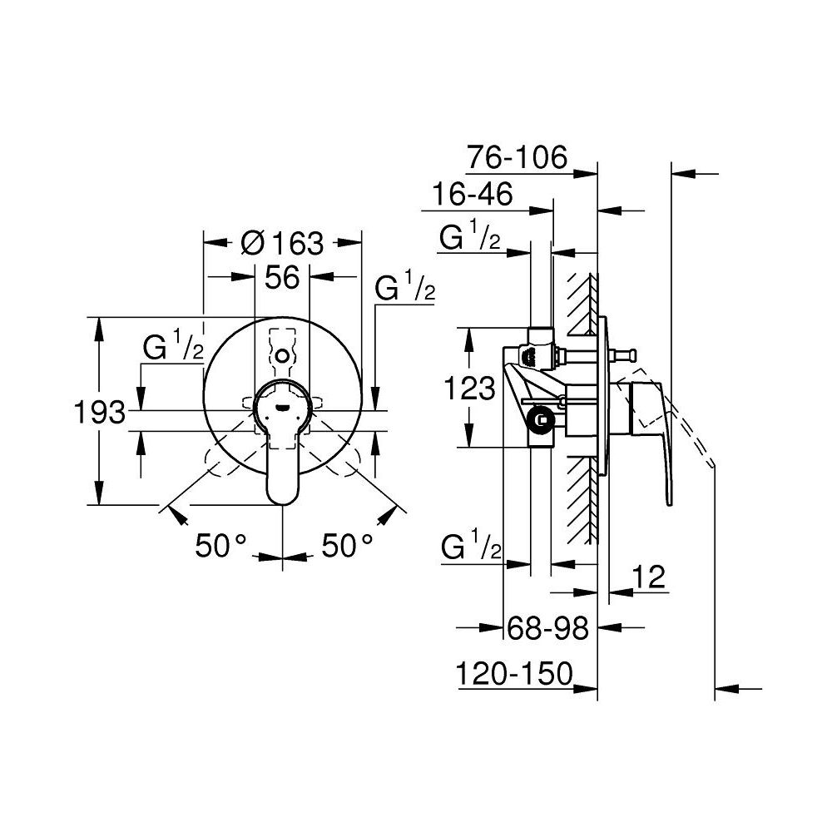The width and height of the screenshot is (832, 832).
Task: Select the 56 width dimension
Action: (x=282, y=277)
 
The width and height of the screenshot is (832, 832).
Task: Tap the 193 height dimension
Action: (x=99, y=412)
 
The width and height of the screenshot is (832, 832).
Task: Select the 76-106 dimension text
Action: (x=517, y=156)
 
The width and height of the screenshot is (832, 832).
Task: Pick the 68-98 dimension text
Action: (x=547, y=629)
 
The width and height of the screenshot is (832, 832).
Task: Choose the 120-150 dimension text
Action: (x=515, y=672)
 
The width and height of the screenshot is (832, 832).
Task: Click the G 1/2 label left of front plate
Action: (x=172, y=348)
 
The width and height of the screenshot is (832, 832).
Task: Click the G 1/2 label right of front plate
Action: (x=405, y=290)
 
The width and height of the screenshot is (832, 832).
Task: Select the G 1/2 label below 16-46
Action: (x=470, y=239)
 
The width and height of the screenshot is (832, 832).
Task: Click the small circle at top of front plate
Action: (x=283, y=356)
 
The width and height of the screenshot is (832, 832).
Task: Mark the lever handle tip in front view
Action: (x=283, y=491)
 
